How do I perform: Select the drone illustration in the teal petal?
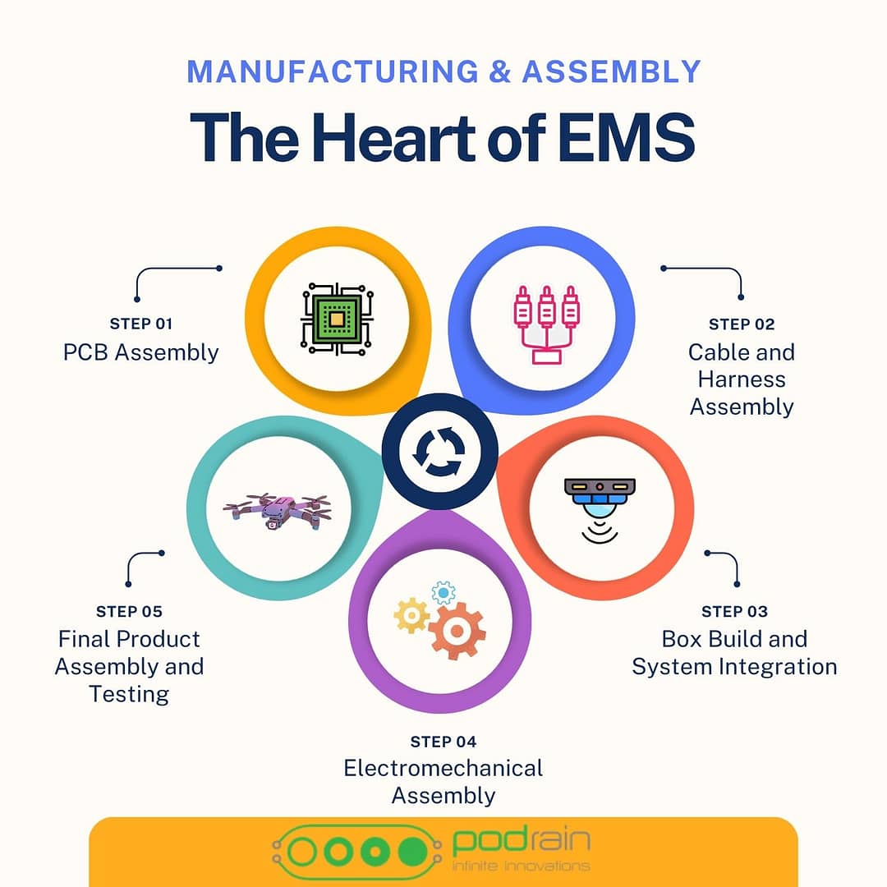point(278,511)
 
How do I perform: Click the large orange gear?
point(457,631)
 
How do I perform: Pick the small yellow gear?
point(411,615)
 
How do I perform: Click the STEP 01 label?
point(141,324)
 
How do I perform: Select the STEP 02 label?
point(742,324)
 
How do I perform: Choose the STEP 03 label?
point(734,611)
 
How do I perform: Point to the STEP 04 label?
point(443,742)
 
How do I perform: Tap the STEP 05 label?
point(129,611)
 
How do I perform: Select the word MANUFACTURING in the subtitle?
point(333,71)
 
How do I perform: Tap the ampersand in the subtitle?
point(499,71)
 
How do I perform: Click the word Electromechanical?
point(443,768)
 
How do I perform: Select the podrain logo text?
point(521,842)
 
